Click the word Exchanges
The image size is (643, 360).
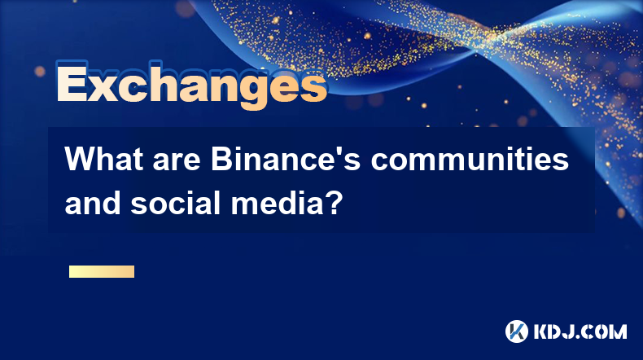191,85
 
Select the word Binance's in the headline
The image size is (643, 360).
286,159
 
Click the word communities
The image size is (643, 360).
470,159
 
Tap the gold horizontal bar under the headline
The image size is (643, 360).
102,271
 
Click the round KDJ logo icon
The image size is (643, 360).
517,331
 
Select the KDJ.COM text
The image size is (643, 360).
580,331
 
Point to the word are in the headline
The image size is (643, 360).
177,162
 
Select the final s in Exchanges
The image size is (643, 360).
312,87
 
